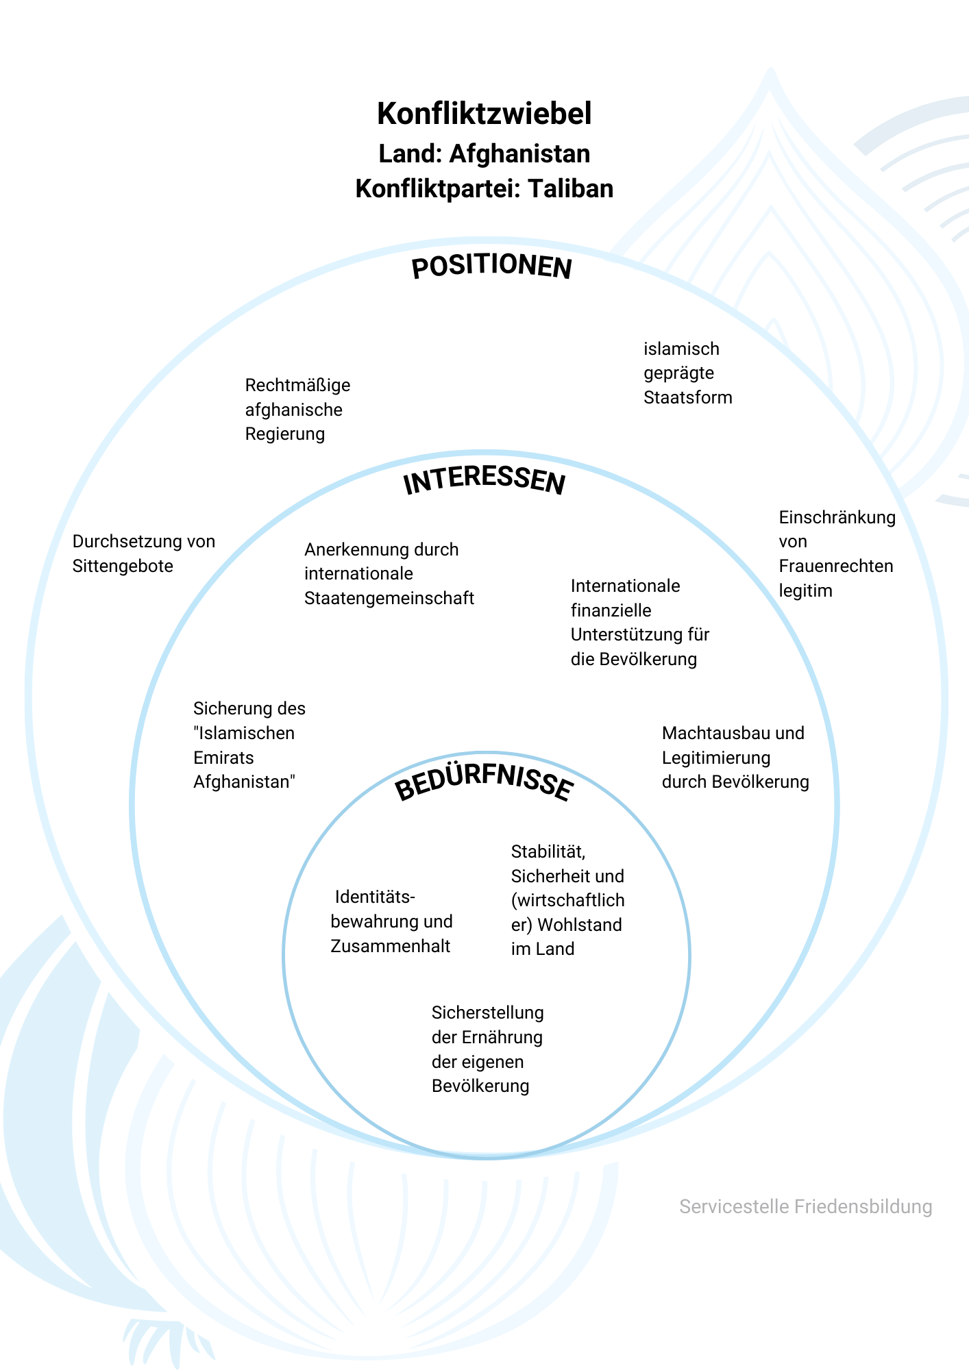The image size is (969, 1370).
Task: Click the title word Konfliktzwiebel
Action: tap(484, 114)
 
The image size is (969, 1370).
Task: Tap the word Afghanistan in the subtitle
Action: tap(519, 154)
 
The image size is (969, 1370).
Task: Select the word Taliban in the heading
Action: tap(570, 189)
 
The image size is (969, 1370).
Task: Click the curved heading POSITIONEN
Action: tap(491, 266)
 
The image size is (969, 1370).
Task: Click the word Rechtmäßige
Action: tap(297, 386)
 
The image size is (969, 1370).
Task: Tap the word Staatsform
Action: tap(687, 398)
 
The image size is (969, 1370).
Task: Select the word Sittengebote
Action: tap(123, 566)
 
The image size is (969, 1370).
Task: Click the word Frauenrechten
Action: tap(836, 566)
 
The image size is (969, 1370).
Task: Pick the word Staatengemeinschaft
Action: tap(389, 599)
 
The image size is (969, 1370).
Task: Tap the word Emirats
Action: tap(223, 758)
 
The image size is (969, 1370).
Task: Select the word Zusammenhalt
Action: tap(390, 947)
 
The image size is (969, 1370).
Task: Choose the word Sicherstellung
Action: tap(487, 1013)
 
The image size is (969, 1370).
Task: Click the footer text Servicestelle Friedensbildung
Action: tap(805, 1207)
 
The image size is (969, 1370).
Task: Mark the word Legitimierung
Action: tap(715, 758)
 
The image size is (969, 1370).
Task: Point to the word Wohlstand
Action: tap(580, 925)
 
